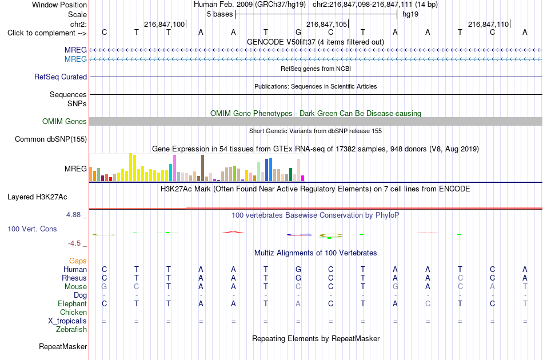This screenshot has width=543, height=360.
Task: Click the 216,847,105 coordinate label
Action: click(326, 24)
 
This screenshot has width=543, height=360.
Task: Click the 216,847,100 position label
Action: click(165, 24)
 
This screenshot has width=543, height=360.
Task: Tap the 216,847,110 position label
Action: click(488, 24)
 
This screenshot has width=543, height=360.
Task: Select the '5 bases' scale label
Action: click(220, 14)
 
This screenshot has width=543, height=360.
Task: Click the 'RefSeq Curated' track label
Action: click(61, 77)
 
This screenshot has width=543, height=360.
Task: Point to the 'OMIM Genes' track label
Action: click(65, 122)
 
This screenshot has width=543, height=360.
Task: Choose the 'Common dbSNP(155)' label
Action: click(51, 139)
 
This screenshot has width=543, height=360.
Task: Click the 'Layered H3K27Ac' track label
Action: click(37, 197)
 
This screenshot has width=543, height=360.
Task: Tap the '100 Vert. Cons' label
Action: click(32, 229)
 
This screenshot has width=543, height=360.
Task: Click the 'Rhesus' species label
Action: click(74, 278)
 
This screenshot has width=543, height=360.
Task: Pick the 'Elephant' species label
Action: click(73, 303)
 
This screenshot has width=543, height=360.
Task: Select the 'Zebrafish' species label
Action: click(71, 330)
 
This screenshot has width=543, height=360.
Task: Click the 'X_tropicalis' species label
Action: click(67, 321)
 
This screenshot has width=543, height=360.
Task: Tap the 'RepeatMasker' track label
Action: click(63, 346)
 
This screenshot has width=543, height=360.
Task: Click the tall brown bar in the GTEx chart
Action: click(202, 168)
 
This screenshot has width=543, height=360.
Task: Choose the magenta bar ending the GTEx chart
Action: click(303, 178)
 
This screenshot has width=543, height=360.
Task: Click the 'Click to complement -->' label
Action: click(47, 33)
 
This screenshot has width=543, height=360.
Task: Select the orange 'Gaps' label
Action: click(78, 261)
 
